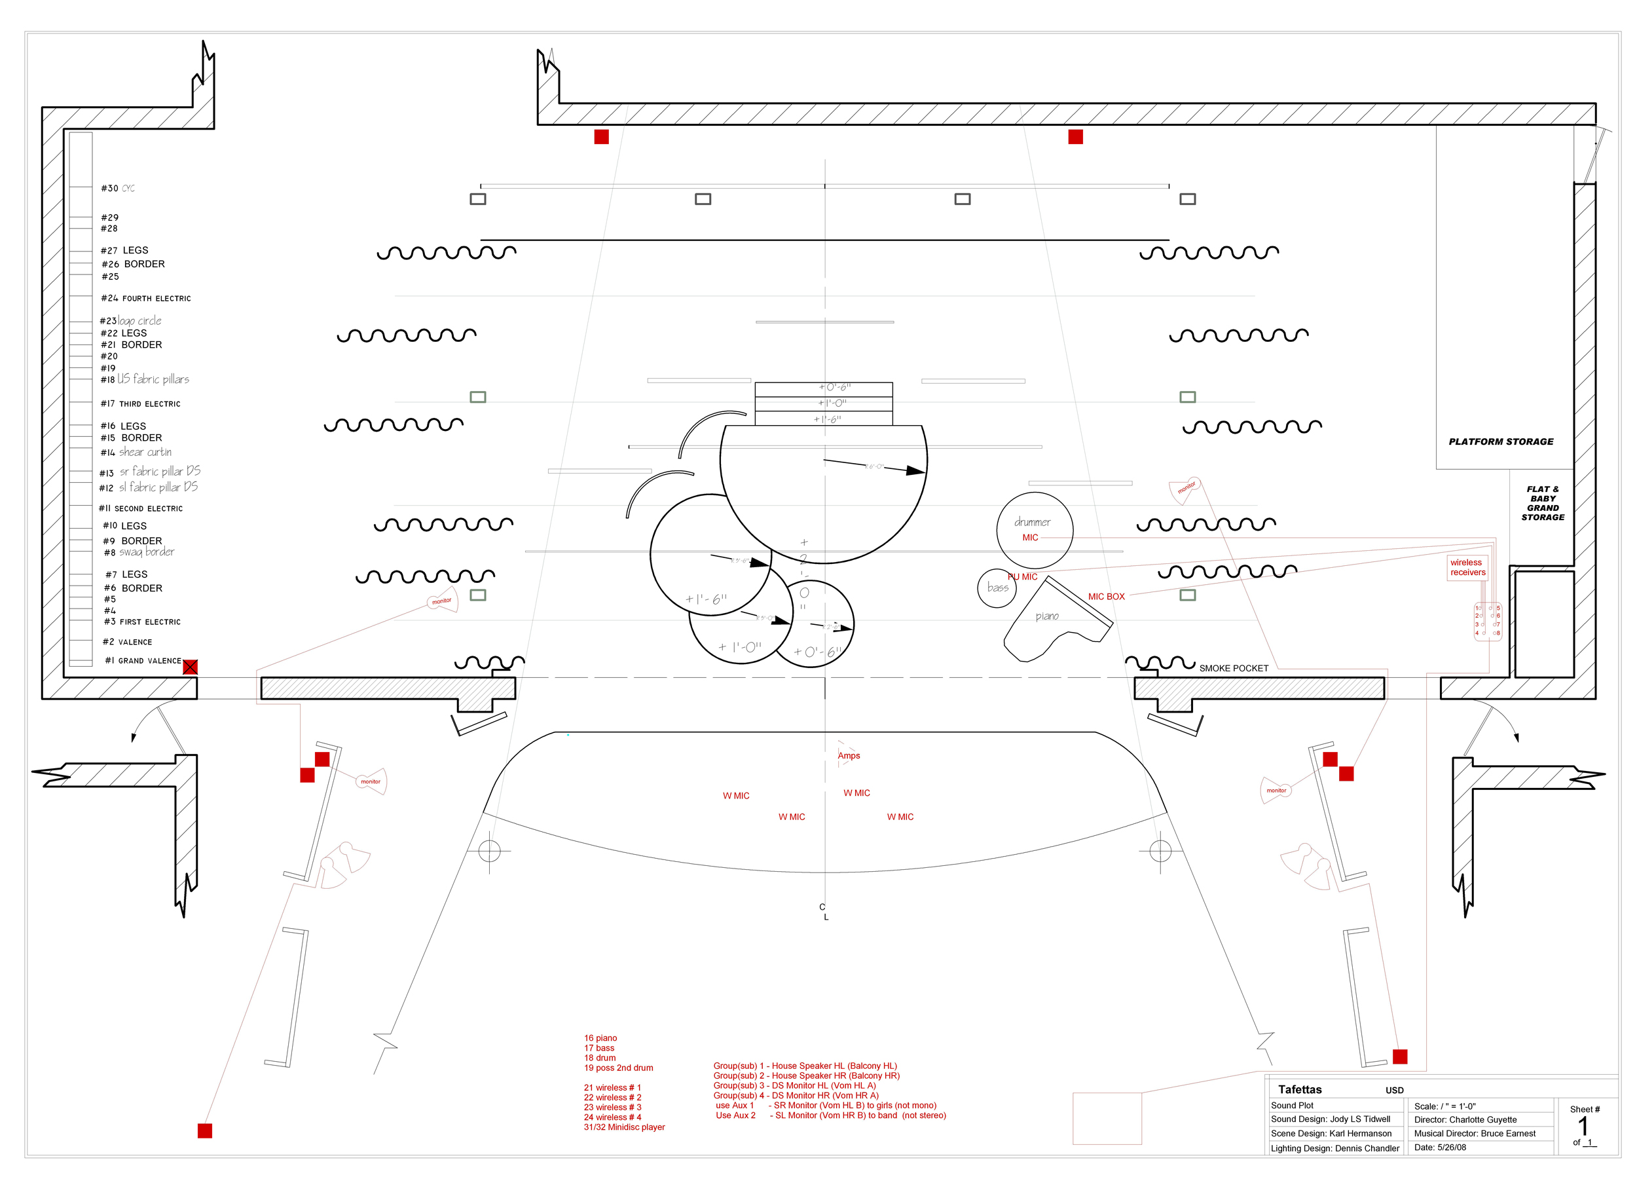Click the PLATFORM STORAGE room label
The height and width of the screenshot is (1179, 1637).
tap(1501, 442)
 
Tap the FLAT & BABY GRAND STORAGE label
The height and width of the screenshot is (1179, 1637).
tap(1543, 503)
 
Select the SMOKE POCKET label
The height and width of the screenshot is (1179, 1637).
tap(1234, 669)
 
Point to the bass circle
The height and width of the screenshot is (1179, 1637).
tap(997, 588)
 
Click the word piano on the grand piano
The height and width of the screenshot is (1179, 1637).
tap(1046, 616)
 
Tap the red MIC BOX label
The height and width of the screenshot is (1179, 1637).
tap(1106, 597)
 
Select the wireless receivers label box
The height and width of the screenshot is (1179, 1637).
tap(1467, 567)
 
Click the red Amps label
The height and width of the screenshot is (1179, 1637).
tap(849, 756)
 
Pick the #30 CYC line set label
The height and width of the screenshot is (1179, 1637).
tap(118, 189)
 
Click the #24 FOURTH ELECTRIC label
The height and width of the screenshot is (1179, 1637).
tap(146, 298)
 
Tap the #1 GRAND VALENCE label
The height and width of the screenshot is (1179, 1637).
tap(143, 661)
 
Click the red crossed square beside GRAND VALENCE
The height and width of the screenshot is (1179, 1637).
tap(190, 667)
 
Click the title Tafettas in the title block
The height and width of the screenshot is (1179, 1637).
tap(1299, 1089)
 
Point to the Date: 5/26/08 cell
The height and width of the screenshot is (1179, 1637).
tap(1440, 1148)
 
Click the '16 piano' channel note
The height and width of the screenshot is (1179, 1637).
tap(600, 1038)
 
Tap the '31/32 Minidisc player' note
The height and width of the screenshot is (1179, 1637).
tap(624, 1127)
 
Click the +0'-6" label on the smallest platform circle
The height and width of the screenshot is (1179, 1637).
tap(817, 652)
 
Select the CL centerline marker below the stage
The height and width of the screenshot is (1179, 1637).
tap(824, 912)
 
